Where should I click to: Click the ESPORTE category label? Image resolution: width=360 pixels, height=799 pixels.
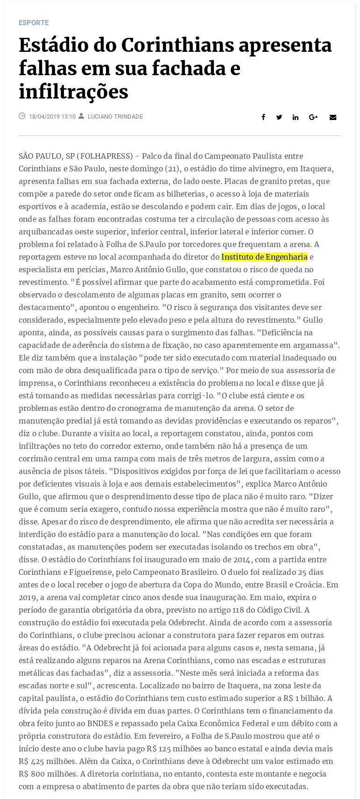(34, 22)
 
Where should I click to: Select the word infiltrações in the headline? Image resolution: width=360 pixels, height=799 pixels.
(73, 92)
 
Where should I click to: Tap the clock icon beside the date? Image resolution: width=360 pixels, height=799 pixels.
(22, 116)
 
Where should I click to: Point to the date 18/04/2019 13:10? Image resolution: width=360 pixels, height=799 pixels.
(52, 117)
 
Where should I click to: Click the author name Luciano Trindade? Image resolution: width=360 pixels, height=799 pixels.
(115, 117)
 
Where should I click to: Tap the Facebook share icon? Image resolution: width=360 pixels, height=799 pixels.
(263, 117)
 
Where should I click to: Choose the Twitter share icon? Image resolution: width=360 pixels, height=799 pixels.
(279, 117)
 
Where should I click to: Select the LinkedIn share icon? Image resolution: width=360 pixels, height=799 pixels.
(296, 117)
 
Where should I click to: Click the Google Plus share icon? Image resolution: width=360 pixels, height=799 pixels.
(313, 117)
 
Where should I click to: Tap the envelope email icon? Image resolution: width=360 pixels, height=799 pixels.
(333, 117)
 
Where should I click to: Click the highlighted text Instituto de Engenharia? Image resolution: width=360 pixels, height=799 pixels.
(264, 257)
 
